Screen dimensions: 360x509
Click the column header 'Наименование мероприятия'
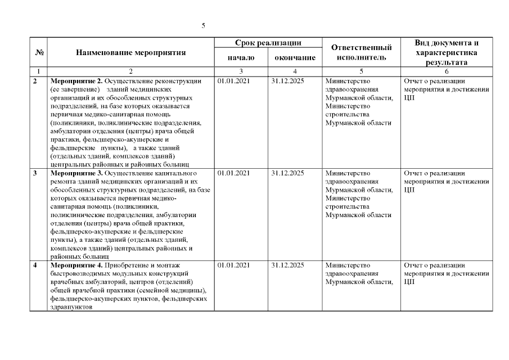[x=131, y=53]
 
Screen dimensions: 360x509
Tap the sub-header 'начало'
[x=241, y=57]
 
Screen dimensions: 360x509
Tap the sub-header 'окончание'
[x=295, y=57]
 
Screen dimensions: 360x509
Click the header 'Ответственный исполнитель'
[x=361, y=52]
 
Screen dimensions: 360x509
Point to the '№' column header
[x=40, y=53]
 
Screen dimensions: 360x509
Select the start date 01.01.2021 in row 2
[x=233, y=81]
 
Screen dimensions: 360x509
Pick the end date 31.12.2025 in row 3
[x=287, y=173]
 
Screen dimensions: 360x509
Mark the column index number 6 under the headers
[x=447, y=71]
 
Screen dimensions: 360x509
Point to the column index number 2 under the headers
[x=131, y=71]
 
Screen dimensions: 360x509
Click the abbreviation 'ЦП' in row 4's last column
[x=409, y=282]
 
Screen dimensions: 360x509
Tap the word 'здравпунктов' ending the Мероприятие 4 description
[x=71, y=307]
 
